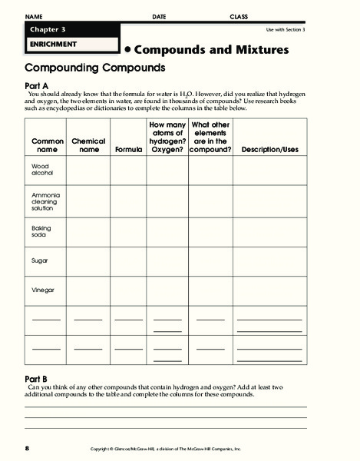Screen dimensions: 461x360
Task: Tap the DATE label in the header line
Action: click(x=159, y=16)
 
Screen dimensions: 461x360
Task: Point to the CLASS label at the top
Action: click(x=239, y=16)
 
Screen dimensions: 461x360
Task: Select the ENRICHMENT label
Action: click(x=49, y=44)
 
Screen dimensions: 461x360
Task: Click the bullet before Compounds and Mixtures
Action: click(x=127, y=49)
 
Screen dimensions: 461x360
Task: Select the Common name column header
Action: click(x=47, y=145)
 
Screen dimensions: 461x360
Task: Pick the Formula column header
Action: click(x=129, y=150)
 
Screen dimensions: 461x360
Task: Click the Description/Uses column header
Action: click(x=269, y=150)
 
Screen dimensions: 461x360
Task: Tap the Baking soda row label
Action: click(x=41, y=232)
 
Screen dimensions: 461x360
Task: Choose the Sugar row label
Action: click(x=39, y=260)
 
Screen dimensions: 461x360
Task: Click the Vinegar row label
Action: click(x=42, y=290)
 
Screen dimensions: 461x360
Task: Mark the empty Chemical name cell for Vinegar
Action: click(x=88, y=290)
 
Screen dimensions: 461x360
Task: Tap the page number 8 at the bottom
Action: click(x=26, y=447)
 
